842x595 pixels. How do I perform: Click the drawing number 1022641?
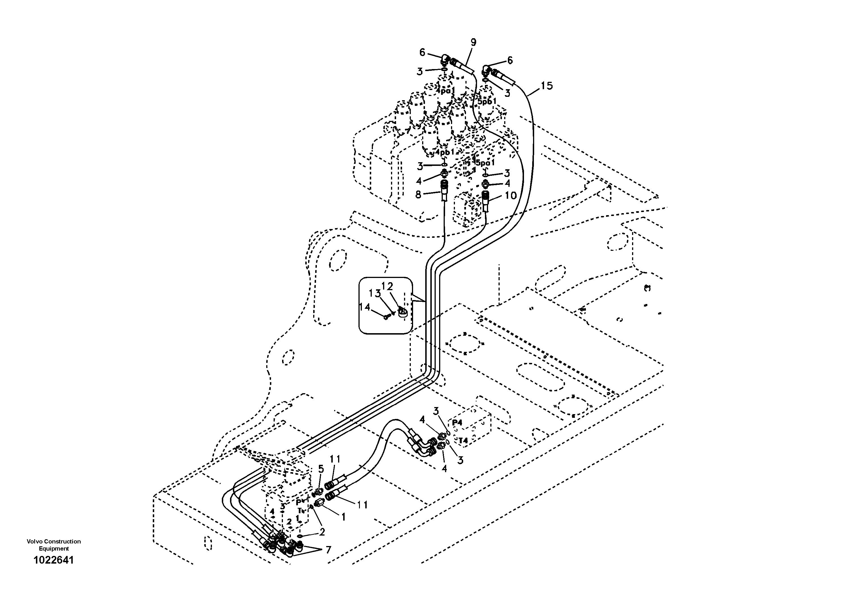point(53,560)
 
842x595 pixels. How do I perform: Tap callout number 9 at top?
point(473,42)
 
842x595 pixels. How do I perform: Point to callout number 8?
point(418,194)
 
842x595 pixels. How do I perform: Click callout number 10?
point(510,196)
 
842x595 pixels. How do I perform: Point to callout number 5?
point(321,469)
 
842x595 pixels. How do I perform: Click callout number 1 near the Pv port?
point(343,517)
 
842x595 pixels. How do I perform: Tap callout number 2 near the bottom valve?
point(322,532)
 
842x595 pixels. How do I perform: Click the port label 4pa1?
point(446,90)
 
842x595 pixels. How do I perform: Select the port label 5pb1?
point(487,102)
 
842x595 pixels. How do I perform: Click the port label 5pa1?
point(485,162)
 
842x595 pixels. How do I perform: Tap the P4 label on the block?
point(457,423)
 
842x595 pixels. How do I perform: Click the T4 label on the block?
point(463,440)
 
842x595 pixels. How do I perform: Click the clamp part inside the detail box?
point(402,313)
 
